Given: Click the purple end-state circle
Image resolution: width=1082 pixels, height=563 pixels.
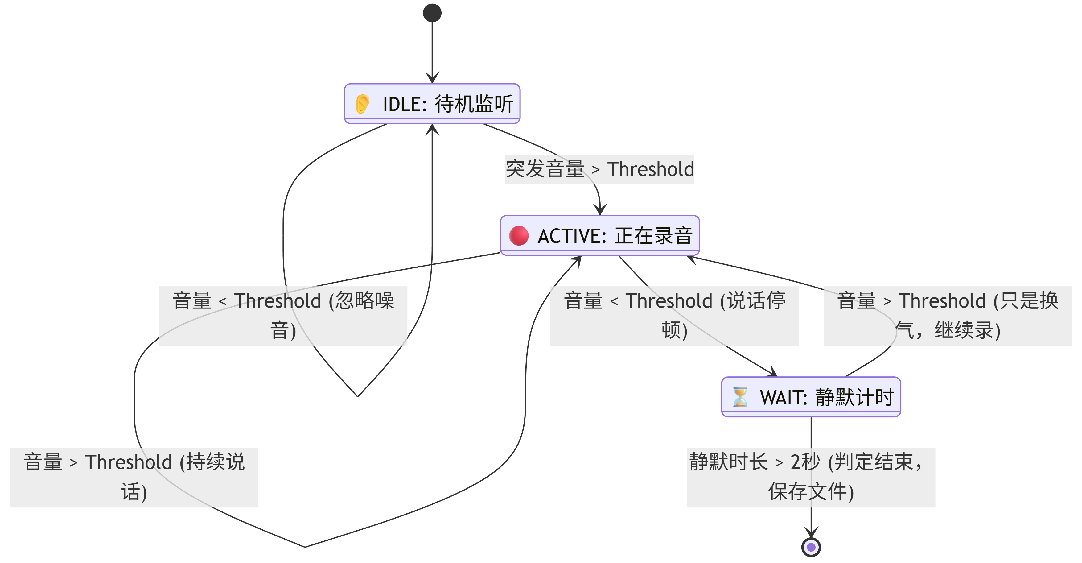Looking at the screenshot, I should point(811,547).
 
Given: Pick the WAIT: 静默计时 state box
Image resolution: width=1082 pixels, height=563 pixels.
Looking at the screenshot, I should point(811,397).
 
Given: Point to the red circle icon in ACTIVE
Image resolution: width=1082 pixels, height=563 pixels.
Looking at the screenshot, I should point(519,235).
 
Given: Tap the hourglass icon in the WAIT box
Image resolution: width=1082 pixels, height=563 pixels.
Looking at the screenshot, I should point(740,397).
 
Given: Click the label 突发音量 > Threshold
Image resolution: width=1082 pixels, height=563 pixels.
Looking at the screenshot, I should point(599,169).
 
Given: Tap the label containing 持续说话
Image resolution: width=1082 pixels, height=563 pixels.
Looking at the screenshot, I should point(134,477).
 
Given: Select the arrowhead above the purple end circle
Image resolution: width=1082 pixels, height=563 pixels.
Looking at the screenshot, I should point(811,532).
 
